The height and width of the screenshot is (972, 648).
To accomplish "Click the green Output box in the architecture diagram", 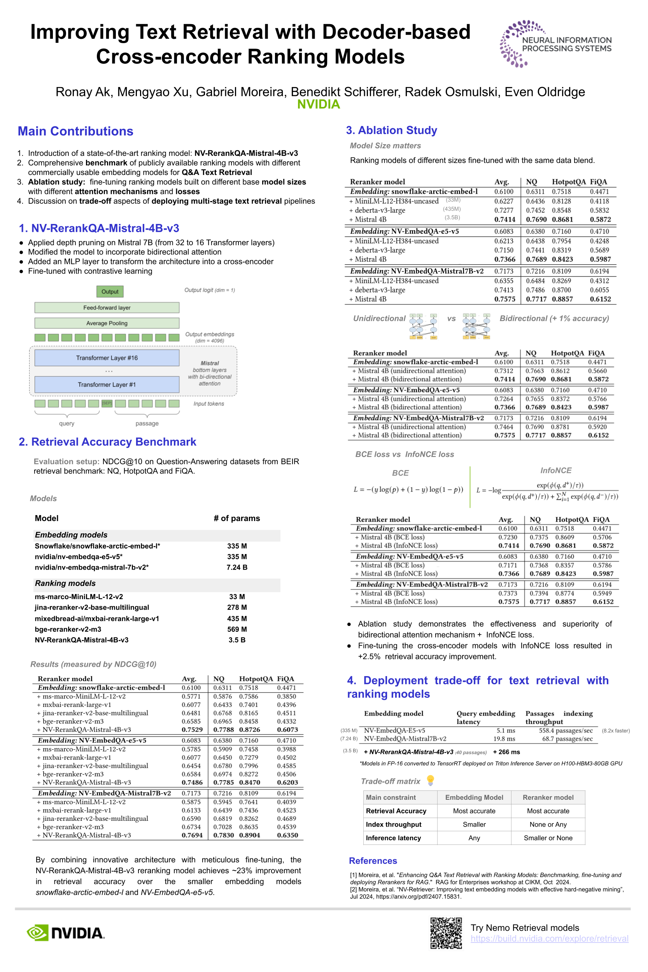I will (x=110, y=292).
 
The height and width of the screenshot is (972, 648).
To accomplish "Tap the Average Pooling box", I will (x=107, y=323).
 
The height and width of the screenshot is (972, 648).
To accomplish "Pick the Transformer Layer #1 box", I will (x=107, y=385).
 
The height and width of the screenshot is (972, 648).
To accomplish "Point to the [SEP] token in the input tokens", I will (x=107, y=403).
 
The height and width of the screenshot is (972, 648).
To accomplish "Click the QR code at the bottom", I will (x=446, y=933).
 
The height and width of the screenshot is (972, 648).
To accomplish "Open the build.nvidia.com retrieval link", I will (x=549, y=939).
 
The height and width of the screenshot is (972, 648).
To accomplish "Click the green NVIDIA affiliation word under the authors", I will (x=319, y=105).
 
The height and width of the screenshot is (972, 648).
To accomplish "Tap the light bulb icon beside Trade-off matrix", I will (x=430, y=780).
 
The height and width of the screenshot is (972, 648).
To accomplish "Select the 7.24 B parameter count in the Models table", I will (x=237, y=568).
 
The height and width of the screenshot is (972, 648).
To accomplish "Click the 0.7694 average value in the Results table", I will (x=192, y=835).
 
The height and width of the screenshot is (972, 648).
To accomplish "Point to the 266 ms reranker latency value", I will (x=506, y=752).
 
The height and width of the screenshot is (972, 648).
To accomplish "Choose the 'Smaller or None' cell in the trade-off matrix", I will (x=548, y=838).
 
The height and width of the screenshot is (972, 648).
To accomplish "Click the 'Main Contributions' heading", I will (x=75, y=131).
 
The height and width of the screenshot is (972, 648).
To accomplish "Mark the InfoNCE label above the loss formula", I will (x=556, y=470).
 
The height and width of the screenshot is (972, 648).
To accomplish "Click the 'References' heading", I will (x=373, y=861).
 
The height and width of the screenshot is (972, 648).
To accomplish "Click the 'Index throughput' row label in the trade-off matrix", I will (x=394, y=825).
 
